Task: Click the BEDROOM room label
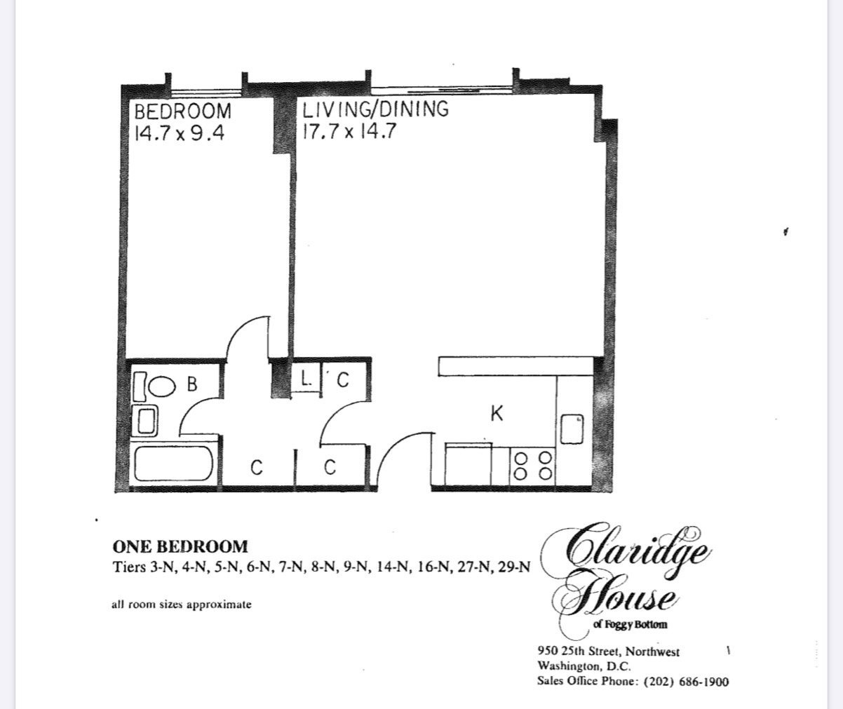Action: click(182, 112)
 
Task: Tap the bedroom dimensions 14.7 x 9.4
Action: click(180, 133)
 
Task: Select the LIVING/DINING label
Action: click(375, 109)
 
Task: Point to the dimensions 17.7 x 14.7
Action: click(350, 131)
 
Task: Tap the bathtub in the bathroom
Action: click(174, 464)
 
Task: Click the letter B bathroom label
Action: click(192, 384)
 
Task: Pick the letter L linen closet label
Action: click(306, 379)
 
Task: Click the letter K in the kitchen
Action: click(497, 414)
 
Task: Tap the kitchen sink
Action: click(572, 428)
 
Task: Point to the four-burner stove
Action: click(533, 466)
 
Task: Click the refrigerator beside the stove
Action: click(468, 464)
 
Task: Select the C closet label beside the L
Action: click(343, 380)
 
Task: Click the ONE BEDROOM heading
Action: click(180, 547)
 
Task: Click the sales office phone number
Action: click(687, 682)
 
